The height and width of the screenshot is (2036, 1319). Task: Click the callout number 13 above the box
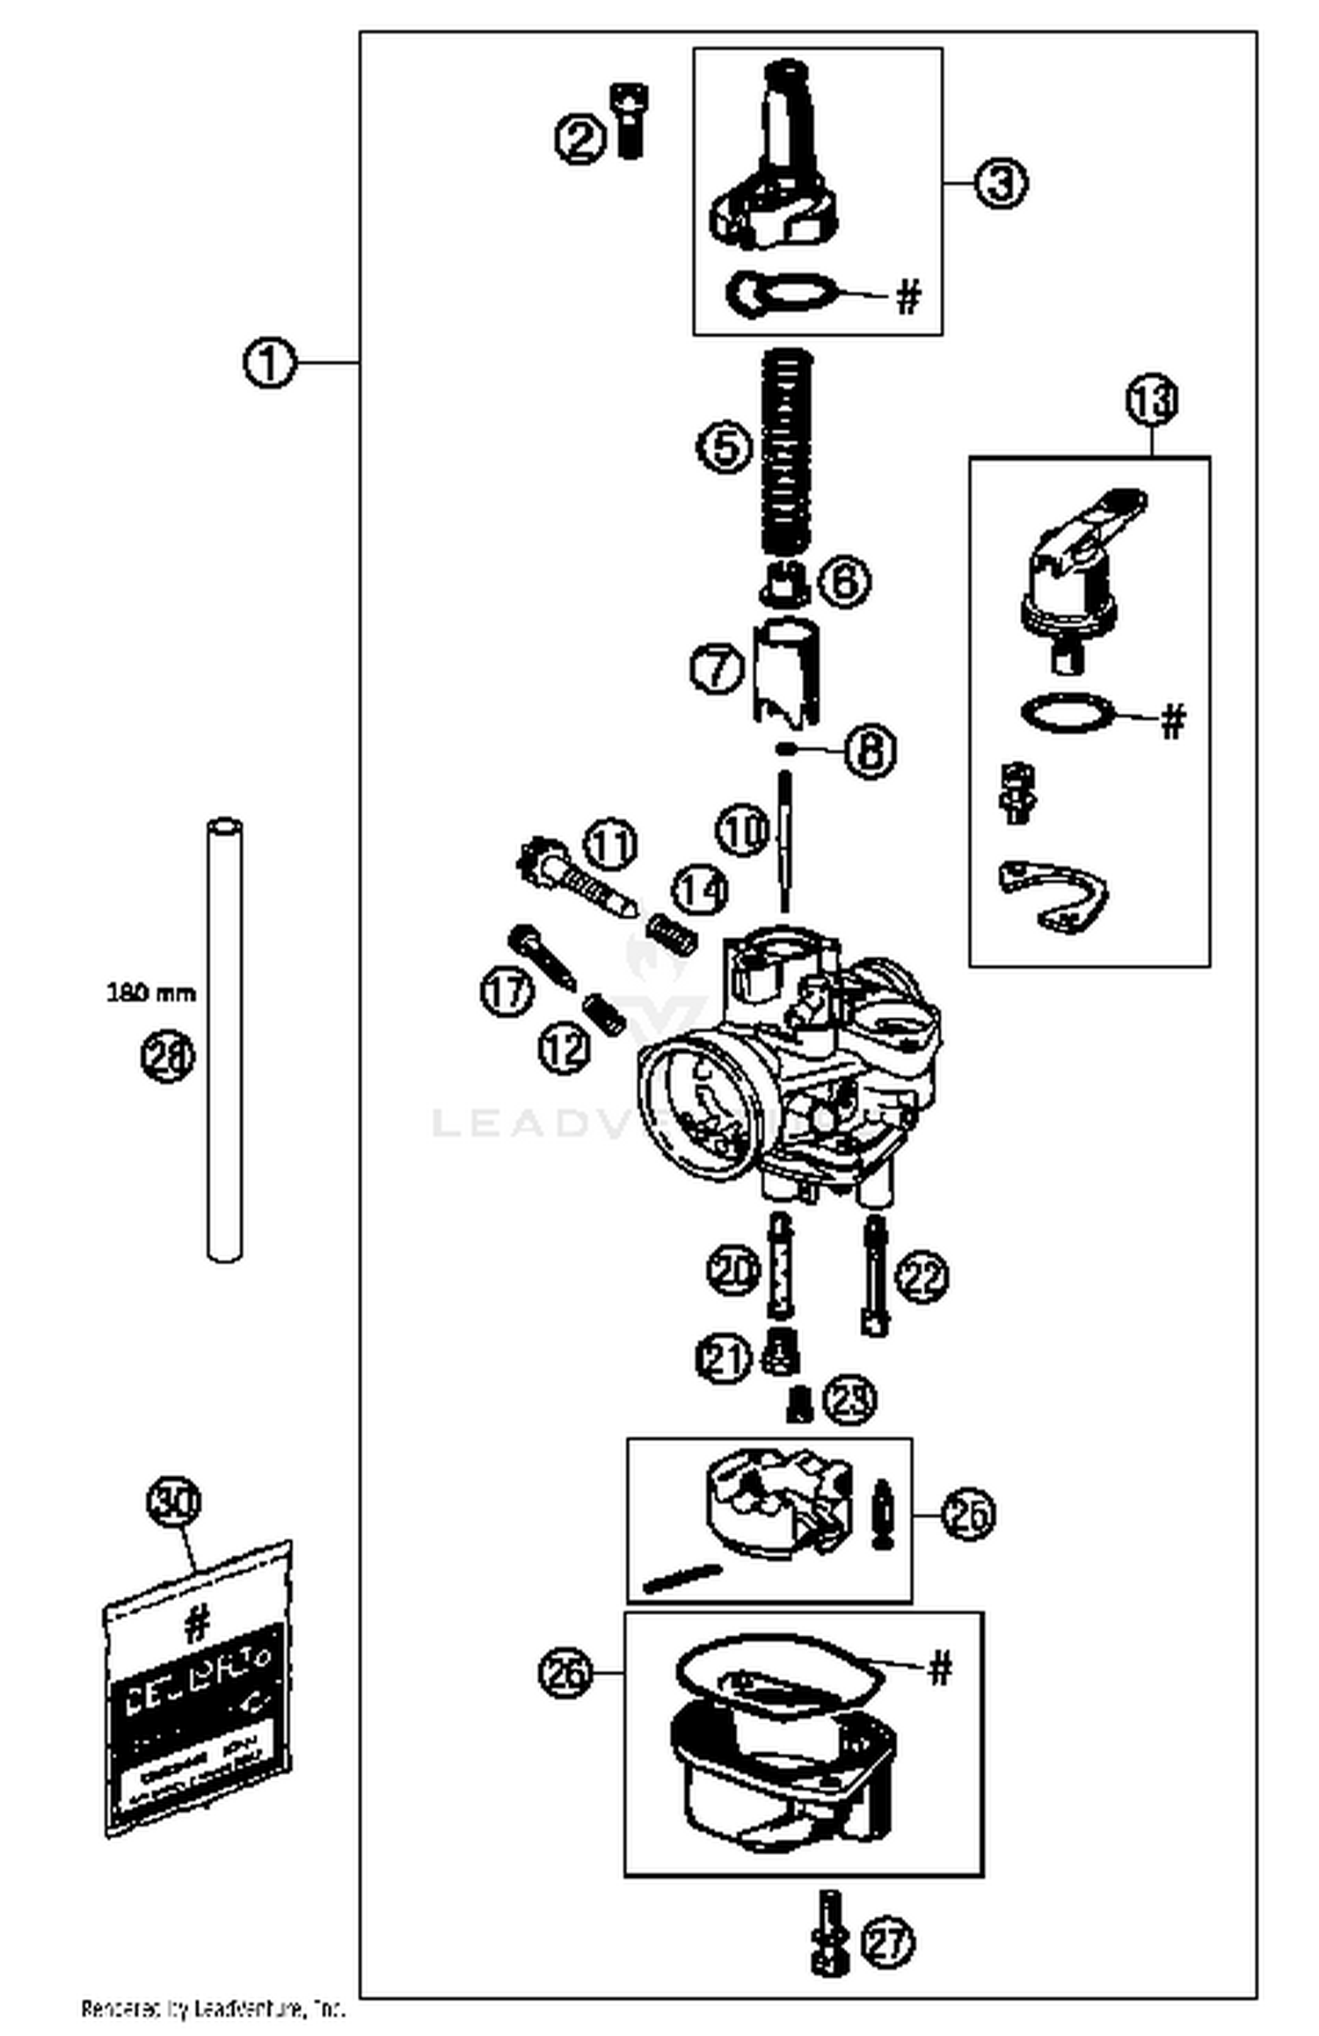tap(1152, 400)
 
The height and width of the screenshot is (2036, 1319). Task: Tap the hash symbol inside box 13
tap(1174, 720)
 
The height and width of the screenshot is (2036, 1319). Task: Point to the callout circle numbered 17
tap(507, 991)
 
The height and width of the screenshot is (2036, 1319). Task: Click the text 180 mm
tap(151, 993)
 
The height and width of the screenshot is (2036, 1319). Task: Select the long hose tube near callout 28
tap(224, 1039)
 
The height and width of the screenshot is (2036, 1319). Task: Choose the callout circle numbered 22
tap(922, 1276)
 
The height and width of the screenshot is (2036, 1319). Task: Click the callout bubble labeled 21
tap(723, 1359)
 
